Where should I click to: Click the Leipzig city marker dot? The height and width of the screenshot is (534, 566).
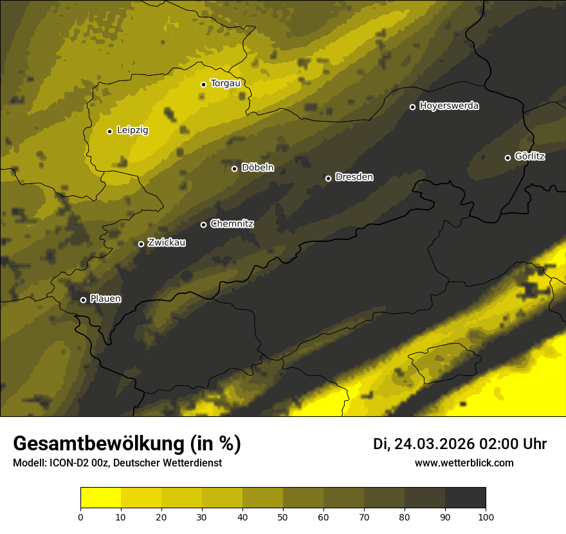point(109,131)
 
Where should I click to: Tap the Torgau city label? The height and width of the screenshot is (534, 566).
point(225,84)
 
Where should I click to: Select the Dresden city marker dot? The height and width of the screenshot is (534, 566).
point(328,178)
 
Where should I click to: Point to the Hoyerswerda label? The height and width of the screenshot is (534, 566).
point(449,106)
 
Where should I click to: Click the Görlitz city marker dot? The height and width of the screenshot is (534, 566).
point(507,158)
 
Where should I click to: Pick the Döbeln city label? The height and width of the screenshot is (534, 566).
point(257,168)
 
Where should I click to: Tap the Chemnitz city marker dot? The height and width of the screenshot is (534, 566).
point(204,225)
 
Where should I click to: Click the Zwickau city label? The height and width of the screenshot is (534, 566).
point(167,243)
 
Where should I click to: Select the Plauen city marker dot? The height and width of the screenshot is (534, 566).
point(83,300)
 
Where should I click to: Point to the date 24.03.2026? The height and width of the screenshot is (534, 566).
point(434,444)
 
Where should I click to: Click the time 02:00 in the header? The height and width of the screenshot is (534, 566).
point(501,444)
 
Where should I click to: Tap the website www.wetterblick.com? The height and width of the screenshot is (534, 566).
point(464,463)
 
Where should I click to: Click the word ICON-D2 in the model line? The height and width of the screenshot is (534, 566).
point(70,463)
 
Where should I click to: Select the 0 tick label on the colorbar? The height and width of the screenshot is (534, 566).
point(80,517)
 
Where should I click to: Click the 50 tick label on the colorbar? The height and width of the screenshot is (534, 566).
point(283,517)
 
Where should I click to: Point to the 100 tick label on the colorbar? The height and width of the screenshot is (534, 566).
point(486,517)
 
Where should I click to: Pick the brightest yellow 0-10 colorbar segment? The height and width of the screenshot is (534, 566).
point(100,498)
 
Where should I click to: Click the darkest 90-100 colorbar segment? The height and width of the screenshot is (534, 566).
point(465,498)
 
